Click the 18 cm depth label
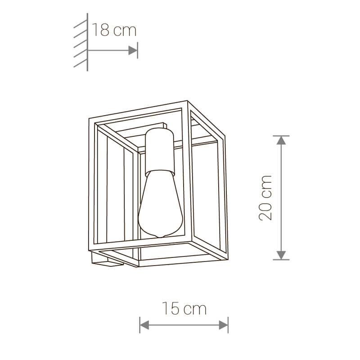click(114, 31)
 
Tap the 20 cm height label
click(265, 197)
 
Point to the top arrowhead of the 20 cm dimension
click(281, 140)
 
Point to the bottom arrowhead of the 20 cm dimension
click(281, 255)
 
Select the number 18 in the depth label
click(101, 31)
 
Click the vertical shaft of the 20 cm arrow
click(281, 198)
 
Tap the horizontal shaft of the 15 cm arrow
click(184, 324)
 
